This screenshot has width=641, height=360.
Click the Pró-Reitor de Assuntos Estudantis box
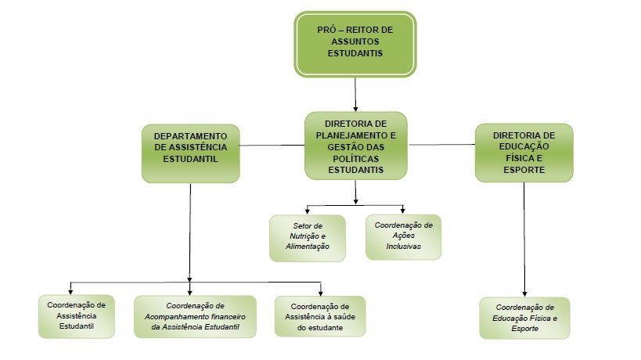(x=355, y=44)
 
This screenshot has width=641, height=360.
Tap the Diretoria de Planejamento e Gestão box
(x=356, y=146)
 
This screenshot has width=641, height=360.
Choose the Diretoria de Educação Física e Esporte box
(x=524, y=153)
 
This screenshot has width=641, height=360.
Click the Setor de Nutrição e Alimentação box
(x=307, y=237)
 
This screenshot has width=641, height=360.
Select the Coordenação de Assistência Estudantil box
(x=77, y=316)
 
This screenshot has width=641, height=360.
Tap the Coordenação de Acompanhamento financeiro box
(x=196, y=316)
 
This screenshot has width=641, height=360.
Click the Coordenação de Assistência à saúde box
(x=319, y=316)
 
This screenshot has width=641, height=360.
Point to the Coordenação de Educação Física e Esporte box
(x=524, y=318)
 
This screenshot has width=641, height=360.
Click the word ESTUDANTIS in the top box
(x=355, y=54)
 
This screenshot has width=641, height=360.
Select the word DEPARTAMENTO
(x=190, y=135)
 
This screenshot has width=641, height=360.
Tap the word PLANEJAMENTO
(x=356, y=135)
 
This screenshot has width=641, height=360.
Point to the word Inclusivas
(x=404, y=246)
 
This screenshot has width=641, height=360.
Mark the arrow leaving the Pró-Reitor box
(x=356, y=94)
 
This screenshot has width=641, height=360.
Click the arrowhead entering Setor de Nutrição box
(x=307, y=211)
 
